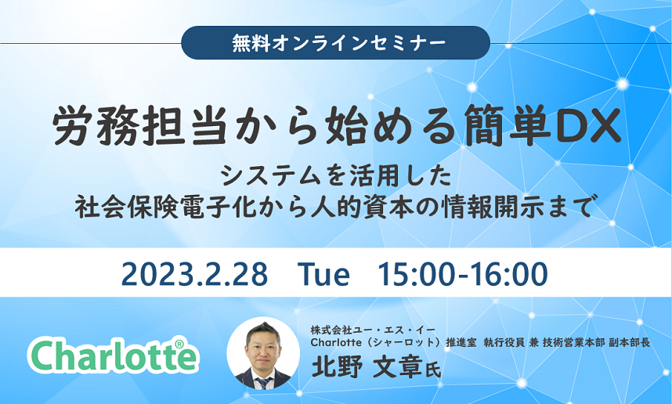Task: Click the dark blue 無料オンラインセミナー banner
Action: tap(335, 43)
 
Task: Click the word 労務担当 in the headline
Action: tap(139, 126)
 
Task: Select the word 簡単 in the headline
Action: tap(508, 126)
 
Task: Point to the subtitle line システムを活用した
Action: tap(337, 176)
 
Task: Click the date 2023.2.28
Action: tap(194, 274)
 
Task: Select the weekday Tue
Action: tap(323, 274)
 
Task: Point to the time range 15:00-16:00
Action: tap(463, 274)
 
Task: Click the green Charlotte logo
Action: tap(113, 356)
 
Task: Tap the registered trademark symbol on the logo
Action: tap(179, 344)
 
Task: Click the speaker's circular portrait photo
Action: tap(262, 353)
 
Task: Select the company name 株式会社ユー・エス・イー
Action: tap(373, 330)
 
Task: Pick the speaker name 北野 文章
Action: tap(367, 366)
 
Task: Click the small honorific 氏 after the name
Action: tap(433, 370)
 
